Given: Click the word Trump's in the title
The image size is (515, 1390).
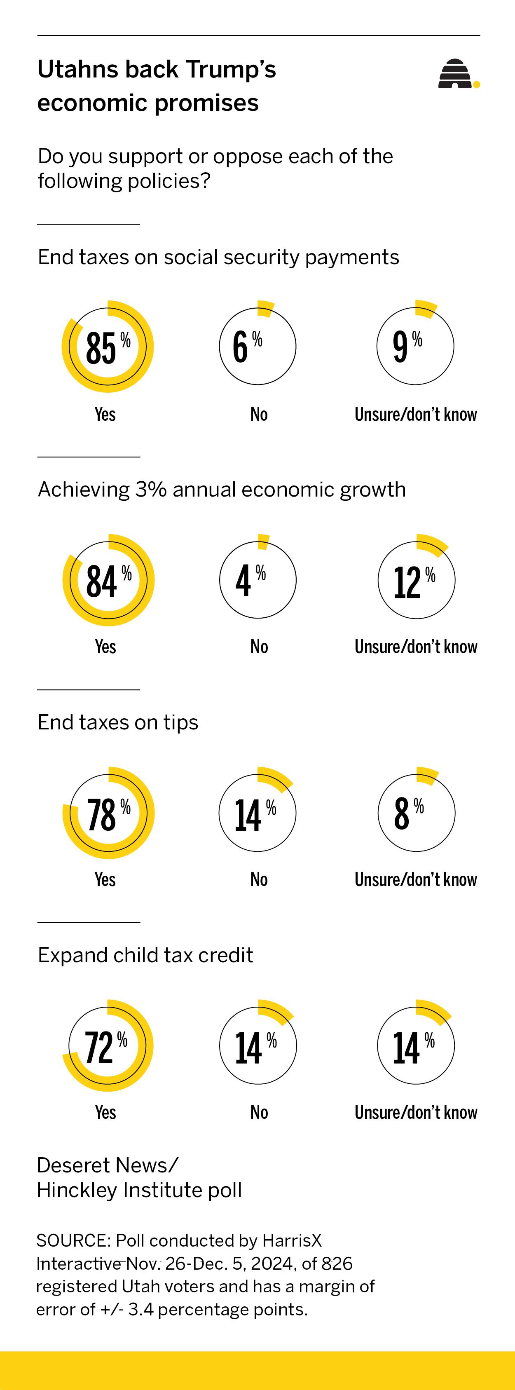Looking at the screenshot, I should click(x=231, y=70).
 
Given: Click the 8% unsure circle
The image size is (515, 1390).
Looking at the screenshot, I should click(x=416, y=813).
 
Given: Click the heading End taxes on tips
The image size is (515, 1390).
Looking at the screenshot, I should click(x=117, y=722).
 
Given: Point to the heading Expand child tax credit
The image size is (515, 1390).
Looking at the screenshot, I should click(x=145, y=955).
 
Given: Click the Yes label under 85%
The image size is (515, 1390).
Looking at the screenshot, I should click(x=105, y=415).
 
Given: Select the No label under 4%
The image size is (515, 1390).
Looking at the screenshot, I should click(x=259, y=647).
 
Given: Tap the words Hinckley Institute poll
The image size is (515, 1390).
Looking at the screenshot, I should click(x=139, y=1190).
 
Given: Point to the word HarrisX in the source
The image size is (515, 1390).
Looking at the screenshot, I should click(x=292, y=1240).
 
